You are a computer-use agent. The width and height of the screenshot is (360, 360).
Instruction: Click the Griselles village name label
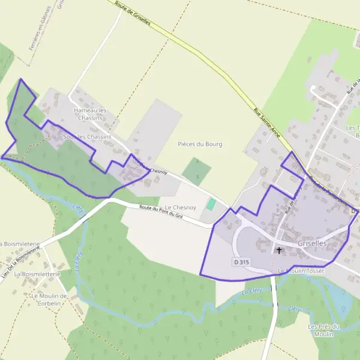[x=312, y=244]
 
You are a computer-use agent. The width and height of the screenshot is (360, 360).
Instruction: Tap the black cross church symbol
[x=279, y=250]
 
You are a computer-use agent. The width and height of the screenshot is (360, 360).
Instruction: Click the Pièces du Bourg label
[x=200, y=144]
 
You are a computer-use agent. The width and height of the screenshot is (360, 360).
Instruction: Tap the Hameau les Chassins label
[x=89, y=114]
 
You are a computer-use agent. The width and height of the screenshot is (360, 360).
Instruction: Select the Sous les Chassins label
[x=87, y=137]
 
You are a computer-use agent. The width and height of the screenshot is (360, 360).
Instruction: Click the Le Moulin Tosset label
[x=301, y=272]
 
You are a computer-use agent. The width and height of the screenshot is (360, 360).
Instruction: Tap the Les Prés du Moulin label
[x=324, y=330]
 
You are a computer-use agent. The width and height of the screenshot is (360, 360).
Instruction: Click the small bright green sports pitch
[x=211, y=204]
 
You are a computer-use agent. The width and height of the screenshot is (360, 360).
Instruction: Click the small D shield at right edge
[x=354, y=211]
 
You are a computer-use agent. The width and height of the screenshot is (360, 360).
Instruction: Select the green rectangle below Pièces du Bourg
[x=197, y=171]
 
